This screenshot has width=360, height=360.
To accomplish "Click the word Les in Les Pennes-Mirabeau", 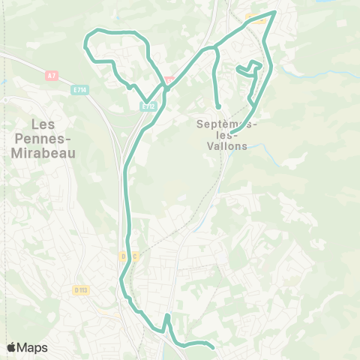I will tap(45, 124).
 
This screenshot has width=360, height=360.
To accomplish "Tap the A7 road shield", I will tap(51, 75).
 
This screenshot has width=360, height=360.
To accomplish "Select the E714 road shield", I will tap(79, 90).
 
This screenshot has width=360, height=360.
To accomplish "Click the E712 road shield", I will tap(147, 106).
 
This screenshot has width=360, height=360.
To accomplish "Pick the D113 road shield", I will tap(81, 289).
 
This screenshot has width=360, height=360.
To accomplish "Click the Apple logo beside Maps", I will tap(12, 347).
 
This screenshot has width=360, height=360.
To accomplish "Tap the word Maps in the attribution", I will tap(34, 347).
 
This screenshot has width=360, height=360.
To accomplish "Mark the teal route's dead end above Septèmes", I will tap(217, 106).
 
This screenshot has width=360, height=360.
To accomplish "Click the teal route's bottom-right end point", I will tap(214, 347).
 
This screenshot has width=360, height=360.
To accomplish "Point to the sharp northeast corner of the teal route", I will tap(275, 12).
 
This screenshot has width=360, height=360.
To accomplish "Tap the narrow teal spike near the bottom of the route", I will tap(167, 317).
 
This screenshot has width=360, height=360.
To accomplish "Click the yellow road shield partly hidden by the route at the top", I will tap(257, 20).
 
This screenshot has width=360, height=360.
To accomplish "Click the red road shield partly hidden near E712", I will tap(169, 79).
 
